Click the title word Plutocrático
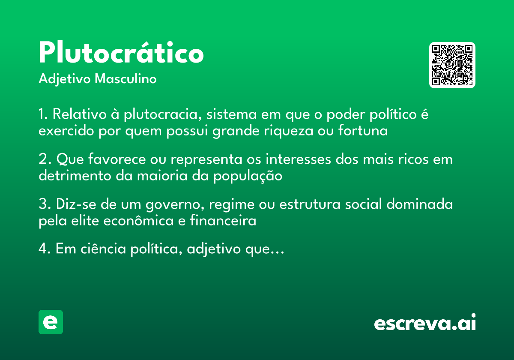coord(121,54)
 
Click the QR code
coord(452,65)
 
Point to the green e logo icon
coord(51,322)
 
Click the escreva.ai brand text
coord(425,323)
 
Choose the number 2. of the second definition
coord(45,160)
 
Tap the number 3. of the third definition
coord(45,204)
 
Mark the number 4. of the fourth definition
coord(45,249)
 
